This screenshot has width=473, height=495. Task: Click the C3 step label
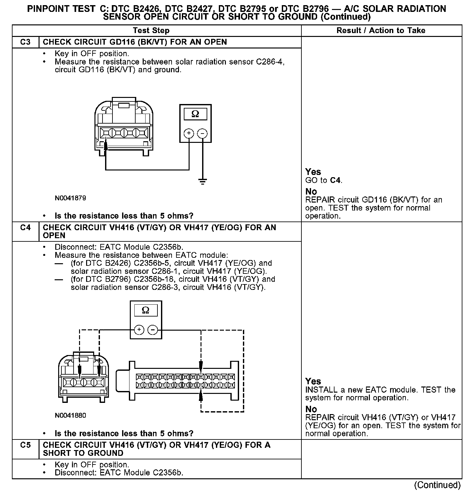[x=25, y=42]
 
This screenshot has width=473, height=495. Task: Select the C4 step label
[x=25, y=228]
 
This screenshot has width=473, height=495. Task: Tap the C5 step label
[x=25, y=445]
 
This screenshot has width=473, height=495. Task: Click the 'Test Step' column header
[x=151, y=30]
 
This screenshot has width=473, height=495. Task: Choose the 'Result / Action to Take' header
[x=381, y=30]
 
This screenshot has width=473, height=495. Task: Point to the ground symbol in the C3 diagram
[x=202, y=182]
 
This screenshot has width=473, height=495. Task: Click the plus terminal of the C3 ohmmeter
[x=189, y=133]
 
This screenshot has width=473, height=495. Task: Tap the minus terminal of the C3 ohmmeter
[x=202, y=133]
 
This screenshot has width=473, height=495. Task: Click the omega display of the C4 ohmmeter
[x=146, y=310]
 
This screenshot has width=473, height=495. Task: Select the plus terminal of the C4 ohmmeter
[x=139, y=330]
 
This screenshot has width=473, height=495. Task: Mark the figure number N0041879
[x=70, y=198]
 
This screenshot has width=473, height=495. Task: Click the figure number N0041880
[x=70, y=415]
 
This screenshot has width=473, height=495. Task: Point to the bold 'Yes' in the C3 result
[x=313, y=172]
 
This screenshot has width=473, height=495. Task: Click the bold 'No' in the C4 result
[x=311, y=409]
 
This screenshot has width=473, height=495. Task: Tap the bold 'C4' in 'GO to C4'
[x=335, y=180]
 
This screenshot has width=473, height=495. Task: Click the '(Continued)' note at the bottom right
[x=437, y=485]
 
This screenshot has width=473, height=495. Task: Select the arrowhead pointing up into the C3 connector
[x=105, y=142]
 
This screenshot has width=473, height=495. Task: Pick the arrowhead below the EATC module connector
[x=201, y=395]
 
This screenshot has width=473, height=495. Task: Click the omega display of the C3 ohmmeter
[x=195, y=114]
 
